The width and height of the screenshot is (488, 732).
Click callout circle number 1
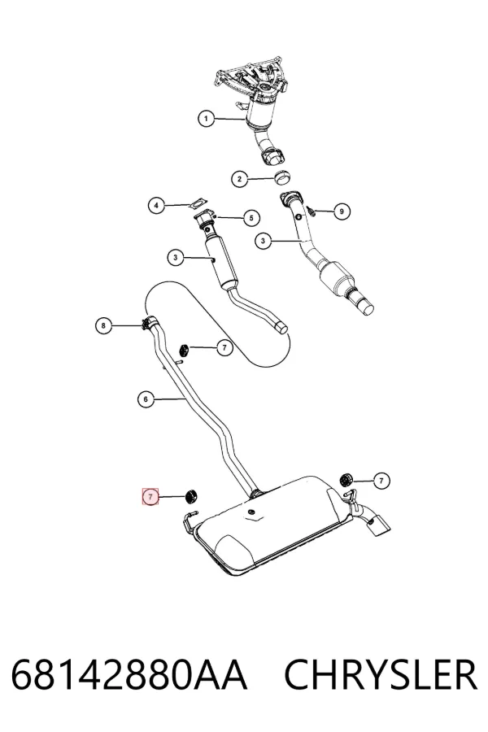(206, 119)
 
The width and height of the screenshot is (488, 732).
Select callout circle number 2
(240, 178)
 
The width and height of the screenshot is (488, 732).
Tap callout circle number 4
(156, 205)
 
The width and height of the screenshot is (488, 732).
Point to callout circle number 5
(251, 217)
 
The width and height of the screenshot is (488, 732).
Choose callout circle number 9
(342, 211)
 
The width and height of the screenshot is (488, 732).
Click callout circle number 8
(103, 325)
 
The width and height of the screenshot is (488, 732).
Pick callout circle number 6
(146, 399)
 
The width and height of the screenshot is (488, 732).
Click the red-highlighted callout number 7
(150, 497)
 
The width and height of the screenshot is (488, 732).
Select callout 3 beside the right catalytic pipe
(263, 241)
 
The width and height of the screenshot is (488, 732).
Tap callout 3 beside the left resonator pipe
(176, 257)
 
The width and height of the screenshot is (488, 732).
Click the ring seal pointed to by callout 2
(282, 176)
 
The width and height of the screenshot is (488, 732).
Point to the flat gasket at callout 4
(198, 203)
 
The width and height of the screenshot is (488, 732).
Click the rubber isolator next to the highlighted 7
(191, 496)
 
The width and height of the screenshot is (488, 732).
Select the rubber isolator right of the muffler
(346, 479)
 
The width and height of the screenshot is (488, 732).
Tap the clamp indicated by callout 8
(149, 321)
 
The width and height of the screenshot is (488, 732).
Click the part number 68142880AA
(129, 674)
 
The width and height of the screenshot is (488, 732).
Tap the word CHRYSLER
(381, 674)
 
